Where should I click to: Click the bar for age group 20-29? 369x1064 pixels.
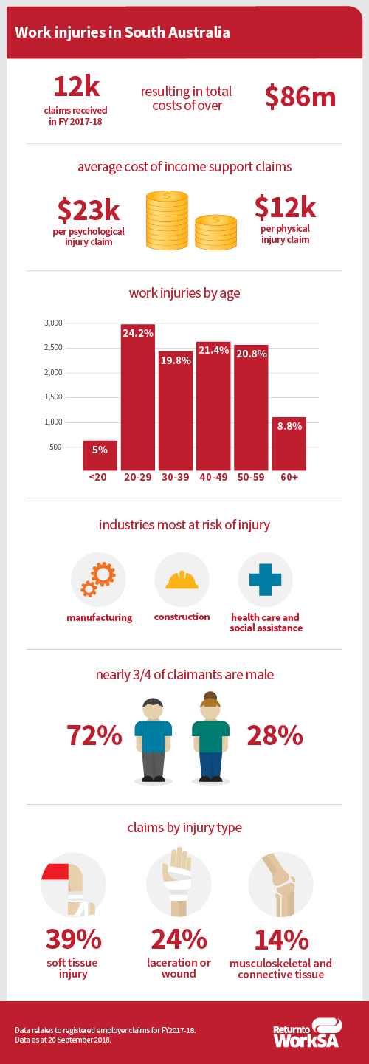pos(138,397)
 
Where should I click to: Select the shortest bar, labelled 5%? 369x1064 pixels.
pos(100,456)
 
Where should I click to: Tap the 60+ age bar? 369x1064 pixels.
pos(289,444)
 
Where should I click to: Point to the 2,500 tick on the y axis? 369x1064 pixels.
pos(53,348)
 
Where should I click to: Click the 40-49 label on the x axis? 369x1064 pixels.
pos(213,477)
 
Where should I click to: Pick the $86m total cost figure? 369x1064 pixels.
pos(300,97)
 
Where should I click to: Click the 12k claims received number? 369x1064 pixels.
pos(77,86)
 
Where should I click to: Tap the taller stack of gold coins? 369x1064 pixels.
pos(167,220)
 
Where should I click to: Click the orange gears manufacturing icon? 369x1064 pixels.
pos(98,580)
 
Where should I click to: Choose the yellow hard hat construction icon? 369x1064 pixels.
pos(182,580)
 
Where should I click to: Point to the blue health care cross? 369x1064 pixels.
pos(265,580)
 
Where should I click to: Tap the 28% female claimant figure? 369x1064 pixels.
pos(275,735)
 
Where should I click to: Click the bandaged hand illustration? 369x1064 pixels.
pos(178,881)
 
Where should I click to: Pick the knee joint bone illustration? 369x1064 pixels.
pos(280,885)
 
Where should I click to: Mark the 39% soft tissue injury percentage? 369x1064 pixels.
pos(74,939)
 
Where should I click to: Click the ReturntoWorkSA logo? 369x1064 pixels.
pos(307,1033)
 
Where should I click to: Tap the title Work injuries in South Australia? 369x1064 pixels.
pos(123,32)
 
